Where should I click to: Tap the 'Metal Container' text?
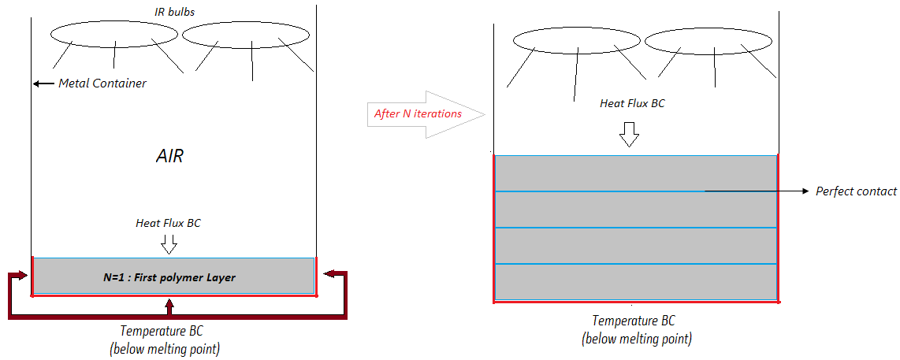(x=102, y=83)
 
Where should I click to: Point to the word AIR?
(x=170, y=156)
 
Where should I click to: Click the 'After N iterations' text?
(x=418, y=113)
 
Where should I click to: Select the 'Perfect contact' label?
(x=856, y=191)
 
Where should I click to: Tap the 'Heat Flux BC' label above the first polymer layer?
(x=168, y=223)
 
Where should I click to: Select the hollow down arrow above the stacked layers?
(x=627, y=135)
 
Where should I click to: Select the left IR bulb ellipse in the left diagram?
(x=114, y=34)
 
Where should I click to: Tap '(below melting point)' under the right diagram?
(x=637, y=340)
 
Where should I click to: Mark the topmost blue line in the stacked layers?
(x=599, y=191)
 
